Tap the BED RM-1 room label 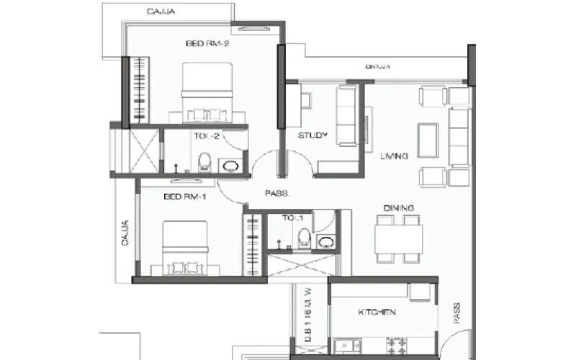tap(185, 197)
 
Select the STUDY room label tap(313, 135)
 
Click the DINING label tap(398, 208)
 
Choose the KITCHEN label tap(377, 312)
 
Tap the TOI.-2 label tap(205, 135)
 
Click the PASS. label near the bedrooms tap(276, 193)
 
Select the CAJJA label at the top tap(163, 12)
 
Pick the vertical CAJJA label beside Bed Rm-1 tap(125, 233)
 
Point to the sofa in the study tap(346, 115)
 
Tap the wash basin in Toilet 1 tap(325, 241)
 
